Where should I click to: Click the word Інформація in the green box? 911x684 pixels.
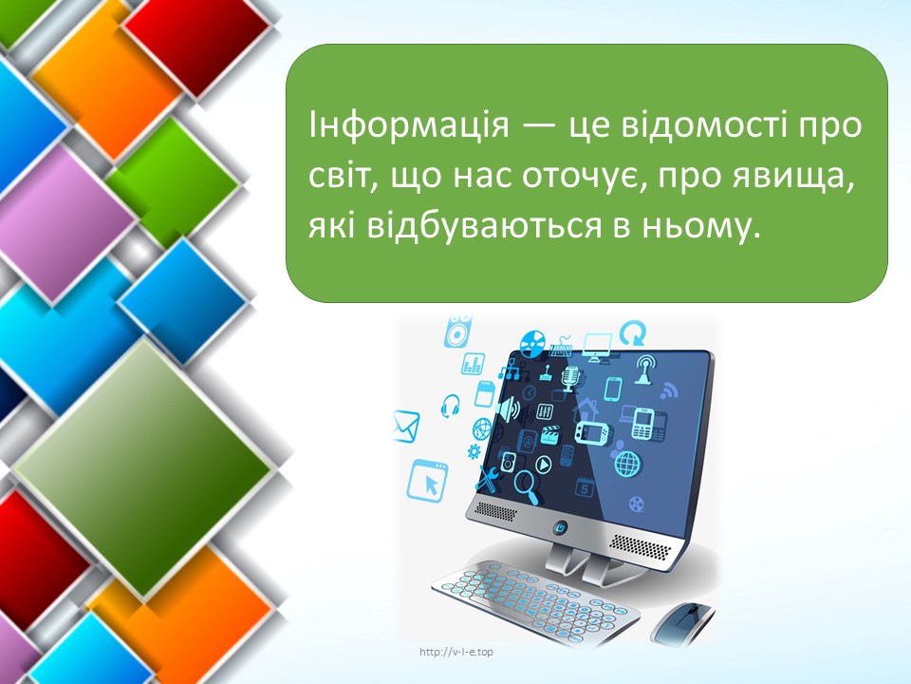click(408, 124)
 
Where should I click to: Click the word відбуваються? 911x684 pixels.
click(484, 225)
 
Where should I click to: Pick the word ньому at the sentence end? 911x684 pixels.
click(700, 226)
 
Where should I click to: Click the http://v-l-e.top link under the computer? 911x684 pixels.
click(456, 652)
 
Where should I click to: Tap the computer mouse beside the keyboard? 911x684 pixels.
click(682, 620)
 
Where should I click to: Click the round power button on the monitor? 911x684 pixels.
click(561, 527)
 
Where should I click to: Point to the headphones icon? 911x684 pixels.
click(450, 406)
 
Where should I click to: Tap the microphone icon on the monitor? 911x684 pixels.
click(570, 379)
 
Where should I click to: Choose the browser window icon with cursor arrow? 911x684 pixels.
click(427, 481)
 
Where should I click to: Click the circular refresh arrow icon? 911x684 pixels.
click(633, 332)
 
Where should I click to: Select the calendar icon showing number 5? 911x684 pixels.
click(584, 487)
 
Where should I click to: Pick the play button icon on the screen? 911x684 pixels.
click(543, 465)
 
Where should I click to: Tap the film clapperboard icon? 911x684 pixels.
click(549, 434)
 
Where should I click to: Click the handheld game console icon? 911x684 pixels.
click(591, 432)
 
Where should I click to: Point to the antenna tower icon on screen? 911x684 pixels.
click(643, 370)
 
